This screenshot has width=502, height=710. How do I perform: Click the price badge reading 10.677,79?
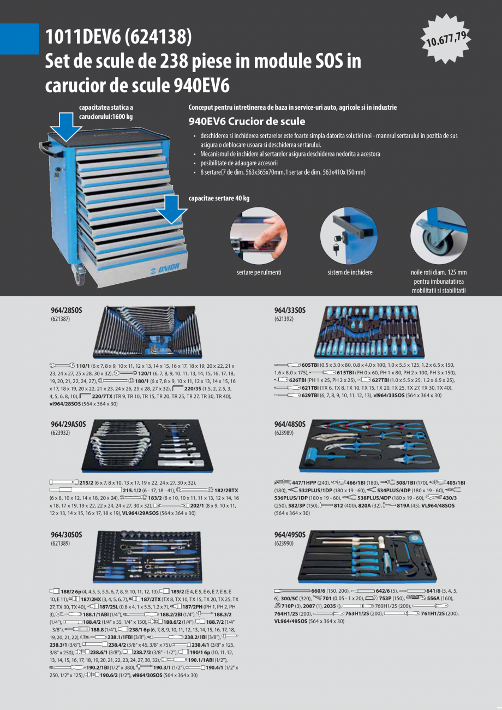pyautogui.click(x=446, y=39)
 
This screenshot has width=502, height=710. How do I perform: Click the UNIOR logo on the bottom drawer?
pyautogui.click(x=165, y=268)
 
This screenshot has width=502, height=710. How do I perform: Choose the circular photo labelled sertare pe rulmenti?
pyautogui.click(x=259, y=236)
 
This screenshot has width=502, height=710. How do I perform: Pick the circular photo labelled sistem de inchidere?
pyautogui.click(x=349, y=236)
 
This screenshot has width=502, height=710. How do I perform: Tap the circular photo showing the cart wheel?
pyautogui.click(x=439, y=236)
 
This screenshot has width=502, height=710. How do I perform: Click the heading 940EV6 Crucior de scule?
pyautogui.click(x=247, y=121)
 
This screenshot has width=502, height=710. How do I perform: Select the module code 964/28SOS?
pyautogui.click(x=67, y=311)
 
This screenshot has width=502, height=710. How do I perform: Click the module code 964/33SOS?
pyautogui.click(x=290, y=311)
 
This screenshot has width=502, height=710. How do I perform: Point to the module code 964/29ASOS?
pyautogui.click(x=68, y=425)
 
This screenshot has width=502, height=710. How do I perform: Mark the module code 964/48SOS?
pyautogui.click(x=290, y=425)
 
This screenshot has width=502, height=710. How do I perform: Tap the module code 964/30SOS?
pyautogui.click(x=67, y=535)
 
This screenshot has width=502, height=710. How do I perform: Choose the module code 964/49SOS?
pyautogui.click(x=290, y=535)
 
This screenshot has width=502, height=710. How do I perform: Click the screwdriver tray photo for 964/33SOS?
pyautogui.click(x=369, y=332)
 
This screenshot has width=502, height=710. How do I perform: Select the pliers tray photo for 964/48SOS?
pyautogui.click(x=369, y=445)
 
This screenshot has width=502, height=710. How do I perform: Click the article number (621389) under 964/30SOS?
pyautogui.click(x=61, y=543)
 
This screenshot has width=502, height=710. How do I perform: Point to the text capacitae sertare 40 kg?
pyautogui.click(x=219, y=199)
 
